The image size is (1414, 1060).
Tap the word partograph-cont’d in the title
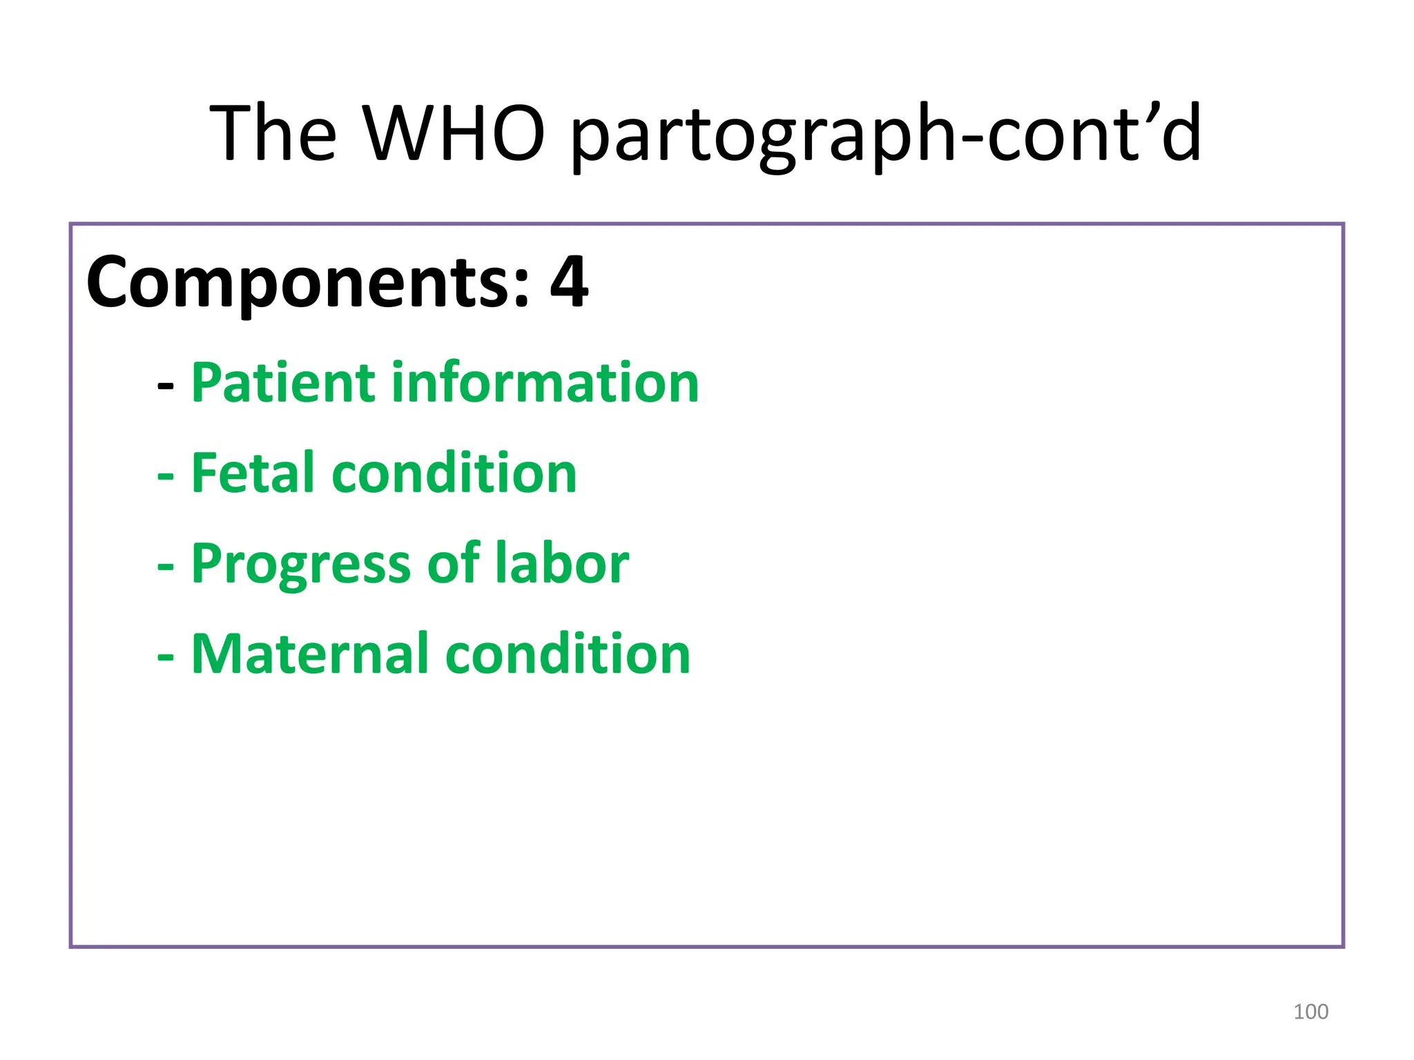887,135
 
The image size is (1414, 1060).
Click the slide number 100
1310,1012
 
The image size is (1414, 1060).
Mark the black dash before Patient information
165,386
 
